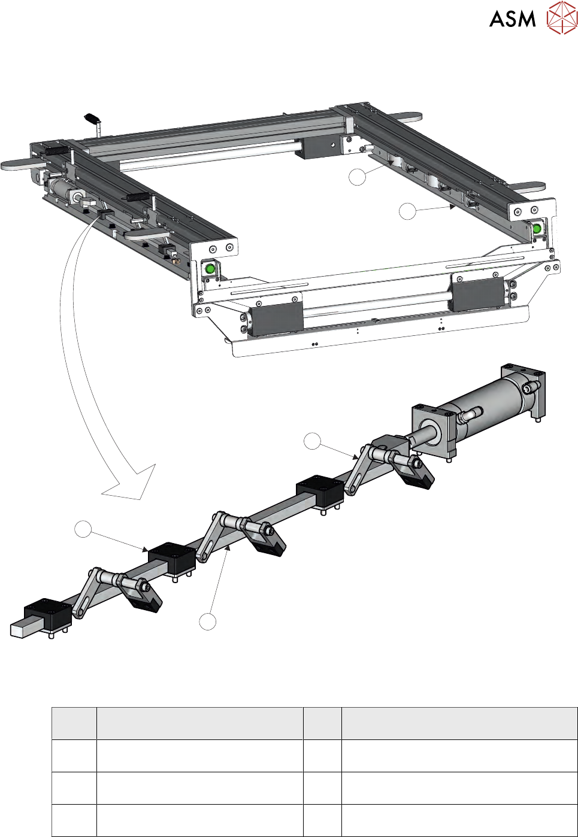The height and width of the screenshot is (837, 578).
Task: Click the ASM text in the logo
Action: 512,19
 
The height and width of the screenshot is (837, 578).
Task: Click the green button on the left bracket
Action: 209,269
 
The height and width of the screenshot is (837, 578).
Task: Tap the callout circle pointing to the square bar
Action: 207,621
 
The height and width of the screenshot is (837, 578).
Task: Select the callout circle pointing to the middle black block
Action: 83,529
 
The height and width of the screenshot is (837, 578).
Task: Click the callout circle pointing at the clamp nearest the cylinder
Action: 312,441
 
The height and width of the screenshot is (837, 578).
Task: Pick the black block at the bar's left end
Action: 47,617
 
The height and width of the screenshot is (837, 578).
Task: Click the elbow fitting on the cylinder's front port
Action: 471,414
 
